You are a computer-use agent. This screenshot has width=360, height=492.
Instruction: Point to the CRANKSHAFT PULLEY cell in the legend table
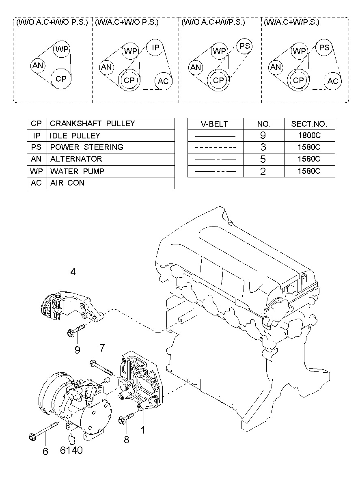click(93, 123)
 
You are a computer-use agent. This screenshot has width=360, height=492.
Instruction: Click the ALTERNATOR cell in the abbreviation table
click(76, 159)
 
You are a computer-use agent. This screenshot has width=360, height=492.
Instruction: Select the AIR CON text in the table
click(67, 183)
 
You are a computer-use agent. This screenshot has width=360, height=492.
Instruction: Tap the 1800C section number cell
click(309, 135)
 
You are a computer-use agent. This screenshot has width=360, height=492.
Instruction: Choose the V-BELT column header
click(214, 124)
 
